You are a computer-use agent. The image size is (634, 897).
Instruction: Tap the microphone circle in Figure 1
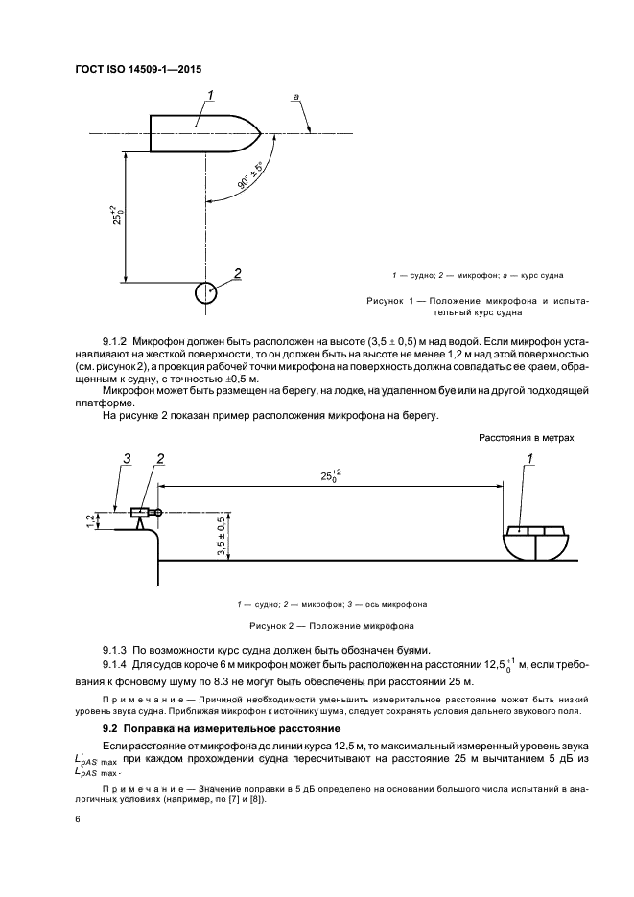point(205,292)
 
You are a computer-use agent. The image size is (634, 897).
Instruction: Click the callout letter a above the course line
point(296,97)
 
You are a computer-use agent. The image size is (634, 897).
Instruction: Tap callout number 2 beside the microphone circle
point(237,273)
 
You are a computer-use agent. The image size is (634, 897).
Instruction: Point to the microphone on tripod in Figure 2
point(142,516)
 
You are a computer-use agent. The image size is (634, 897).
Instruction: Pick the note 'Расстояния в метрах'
point(528,437)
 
